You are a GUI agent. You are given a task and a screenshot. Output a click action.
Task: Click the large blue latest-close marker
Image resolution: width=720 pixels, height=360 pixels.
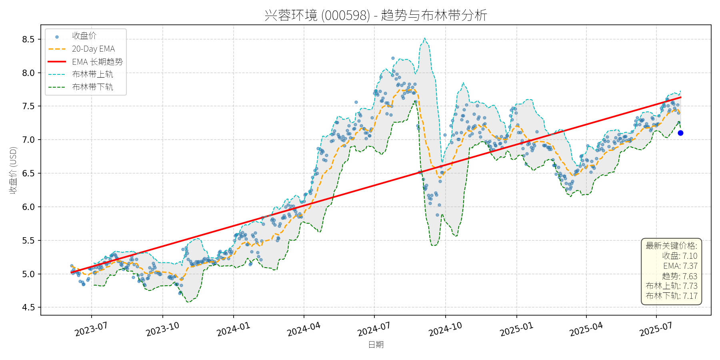pos(680,133)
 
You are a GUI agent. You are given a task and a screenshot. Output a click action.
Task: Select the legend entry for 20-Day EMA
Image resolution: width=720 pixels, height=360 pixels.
pos(93,49)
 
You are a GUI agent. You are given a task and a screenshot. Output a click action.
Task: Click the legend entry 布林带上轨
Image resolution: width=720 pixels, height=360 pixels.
pos(92,74)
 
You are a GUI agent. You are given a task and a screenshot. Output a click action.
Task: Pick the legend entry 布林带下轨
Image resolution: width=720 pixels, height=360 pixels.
pos(92,87)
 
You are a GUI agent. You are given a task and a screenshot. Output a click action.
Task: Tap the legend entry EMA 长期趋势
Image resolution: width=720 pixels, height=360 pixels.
pos(97,62)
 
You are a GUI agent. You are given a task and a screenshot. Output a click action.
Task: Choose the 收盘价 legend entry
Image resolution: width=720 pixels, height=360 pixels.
pos(84,36)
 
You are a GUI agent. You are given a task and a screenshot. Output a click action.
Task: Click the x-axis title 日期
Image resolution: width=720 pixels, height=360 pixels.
pos(376,344)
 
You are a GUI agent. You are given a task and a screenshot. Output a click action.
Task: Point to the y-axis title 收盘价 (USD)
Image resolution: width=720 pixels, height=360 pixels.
pos(13,170)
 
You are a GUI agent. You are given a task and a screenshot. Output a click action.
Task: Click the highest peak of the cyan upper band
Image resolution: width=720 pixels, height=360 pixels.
pos(424,38)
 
